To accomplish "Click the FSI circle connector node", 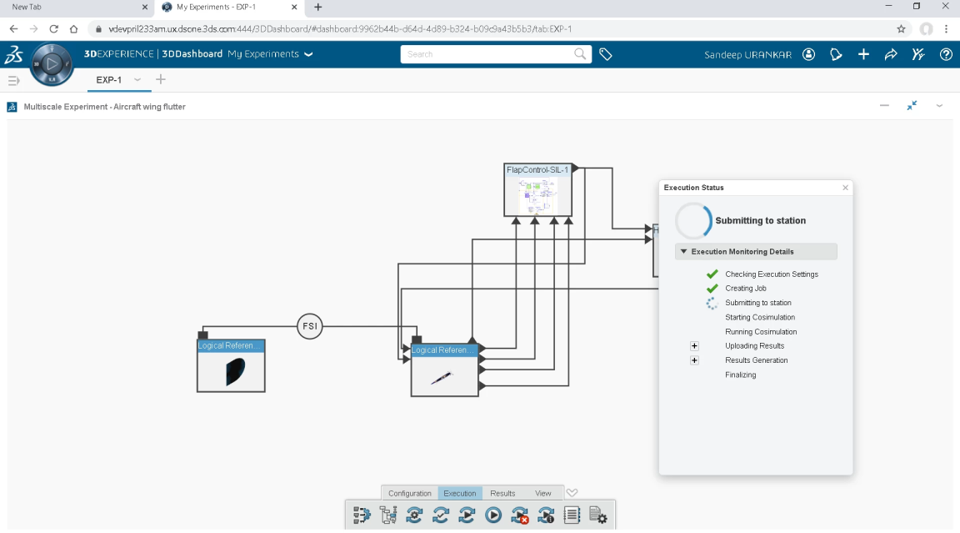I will [x=309, y=326].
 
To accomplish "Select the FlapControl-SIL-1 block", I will [x=538, y=190].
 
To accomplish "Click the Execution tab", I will [x=460, y=493].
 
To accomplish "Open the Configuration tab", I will [x=410, y=493].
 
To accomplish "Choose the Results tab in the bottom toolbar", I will [x=502, y=493].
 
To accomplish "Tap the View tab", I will [x=543, y=493].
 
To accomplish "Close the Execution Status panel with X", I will [x=845, y=188].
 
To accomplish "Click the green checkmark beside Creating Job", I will [x=712, y=289].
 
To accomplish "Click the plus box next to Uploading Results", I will [x=694, y=346].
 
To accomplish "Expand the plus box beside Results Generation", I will [x=694, y=360].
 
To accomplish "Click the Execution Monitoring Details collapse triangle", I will [x=683, y=252].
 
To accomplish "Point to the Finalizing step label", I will [x=741, y=375].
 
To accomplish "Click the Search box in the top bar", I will [x=487, y=54].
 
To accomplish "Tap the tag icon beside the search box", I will [x=606, y=54].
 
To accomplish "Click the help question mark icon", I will [x=946, y=54].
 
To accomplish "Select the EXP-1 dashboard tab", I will [x=109, y=80].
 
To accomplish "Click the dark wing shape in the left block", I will [x=234, y=371].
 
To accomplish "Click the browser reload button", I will [x=54, y=28].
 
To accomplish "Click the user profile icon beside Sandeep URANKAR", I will [x=808, y=54].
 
